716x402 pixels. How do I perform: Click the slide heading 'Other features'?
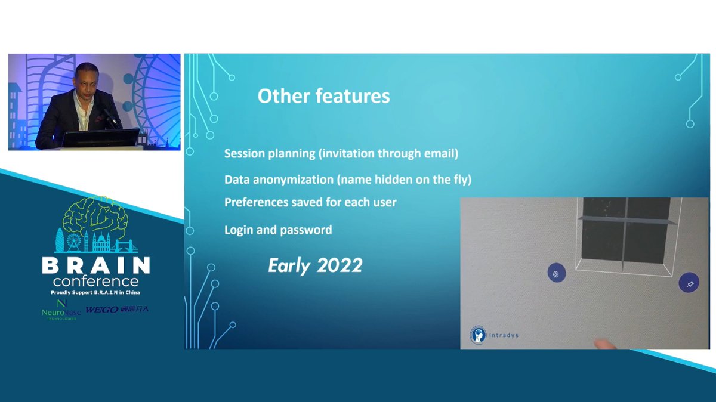click(x=323, y=96)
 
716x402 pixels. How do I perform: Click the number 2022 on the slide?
click(x=340, y=265)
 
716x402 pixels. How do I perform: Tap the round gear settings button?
click(x=557, y=274)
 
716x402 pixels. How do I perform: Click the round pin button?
click(x=689, y=283)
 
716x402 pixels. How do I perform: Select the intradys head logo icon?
click(x=478, y=335)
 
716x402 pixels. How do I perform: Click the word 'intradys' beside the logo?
click(x=504, y=335)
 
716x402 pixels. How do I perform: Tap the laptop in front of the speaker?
click(x=100, y=138)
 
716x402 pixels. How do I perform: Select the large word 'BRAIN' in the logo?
click(x=96, y=265)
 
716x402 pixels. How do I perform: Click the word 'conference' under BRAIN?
click(x=96, y=282)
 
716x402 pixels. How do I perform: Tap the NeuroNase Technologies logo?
click(x=61, y=310)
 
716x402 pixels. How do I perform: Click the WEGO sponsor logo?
click(x=117, y=310)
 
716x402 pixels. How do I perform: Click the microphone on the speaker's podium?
click(x=110, y=117)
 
